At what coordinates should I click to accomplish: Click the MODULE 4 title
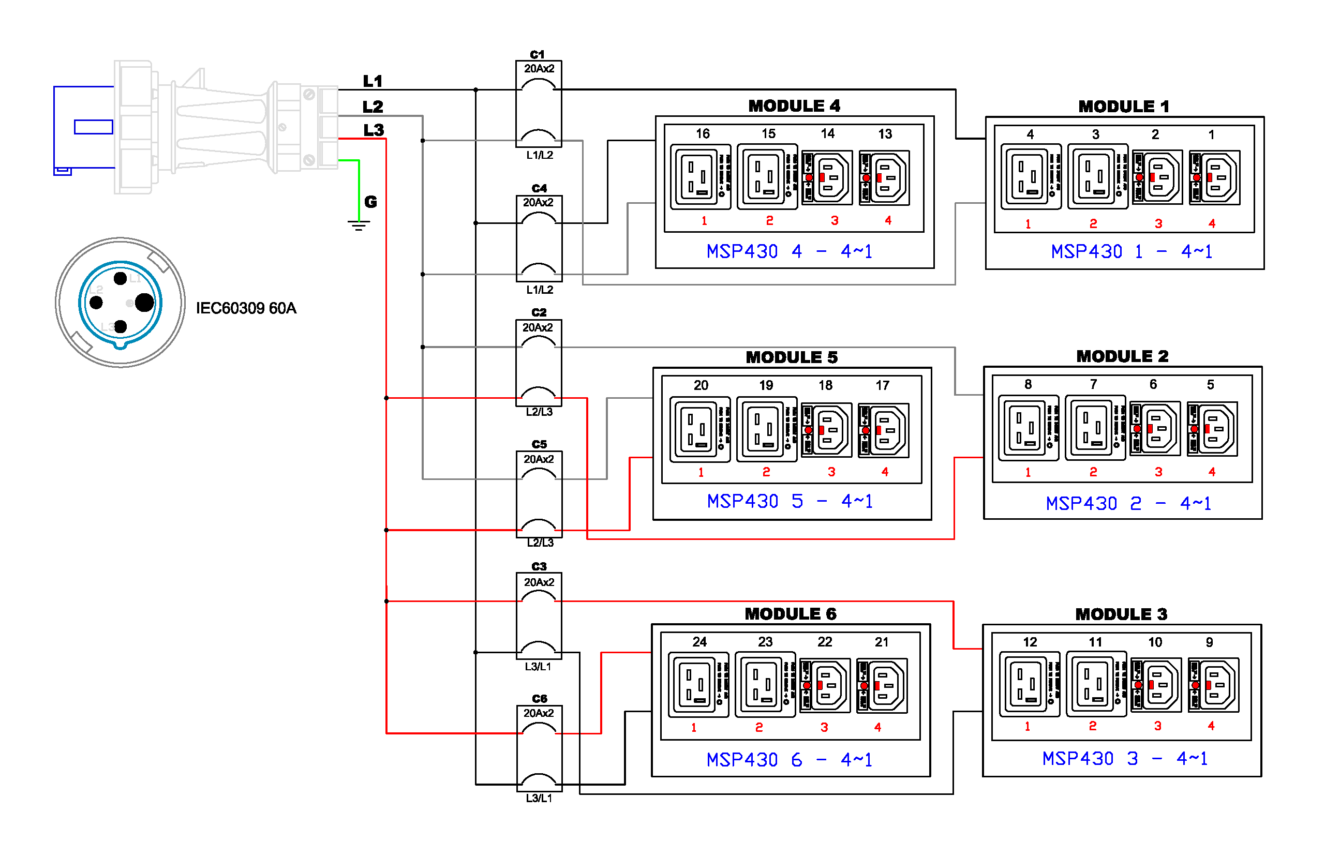click(x=794, y=106)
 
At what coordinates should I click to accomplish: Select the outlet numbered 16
click(x=701, y=177)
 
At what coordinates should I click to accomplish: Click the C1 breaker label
click(x=537, y=54)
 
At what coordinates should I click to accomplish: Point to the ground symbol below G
click(x=359, y=225)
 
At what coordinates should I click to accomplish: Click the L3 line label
click(x=374, y=130)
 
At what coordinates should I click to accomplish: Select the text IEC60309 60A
click(x=246, y=308)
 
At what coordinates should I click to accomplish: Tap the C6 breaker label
click(x=540, y=698)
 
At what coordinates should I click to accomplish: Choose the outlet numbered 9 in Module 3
click(x=1213, y=685)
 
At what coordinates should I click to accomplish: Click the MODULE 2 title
click(x=1122, y=356)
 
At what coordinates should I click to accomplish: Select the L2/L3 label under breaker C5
click(x=540, y=543)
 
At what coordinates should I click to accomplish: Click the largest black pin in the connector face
click(x=144, y=302)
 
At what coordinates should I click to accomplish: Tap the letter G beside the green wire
click(x=371, y=202)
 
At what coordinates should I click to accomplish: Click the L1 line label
click(x=373, y=81)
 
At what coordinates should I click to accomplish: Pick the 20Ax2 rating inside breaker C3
click(x=539, y=582)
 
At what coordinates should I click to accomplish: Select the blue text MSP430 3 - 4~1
click(x=1125, y=759)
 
